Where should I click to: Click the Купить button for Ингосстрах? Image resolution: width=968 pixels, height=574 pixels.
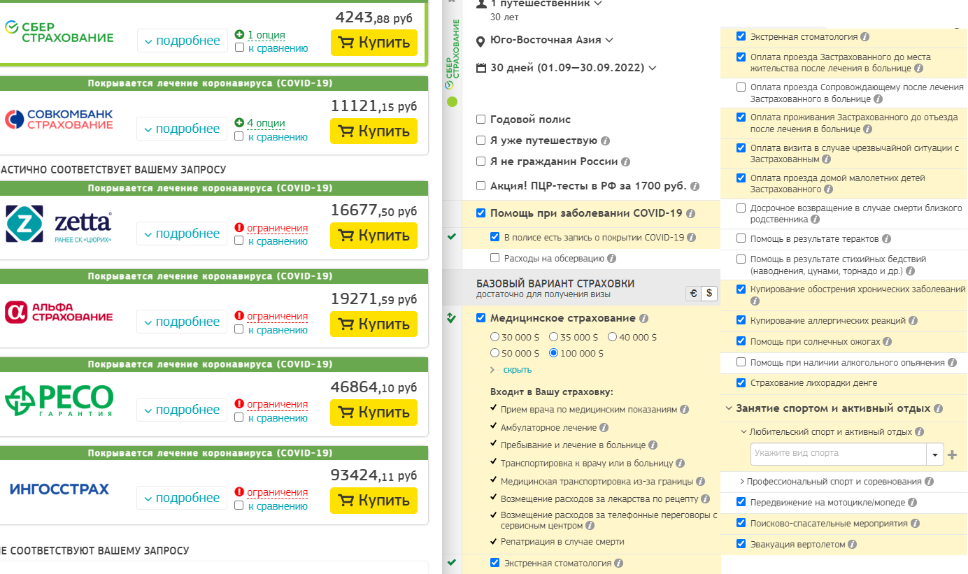(373, 501)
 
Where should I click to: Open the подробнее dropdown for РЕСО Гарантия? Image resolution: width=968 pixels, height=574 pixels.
(182, 410)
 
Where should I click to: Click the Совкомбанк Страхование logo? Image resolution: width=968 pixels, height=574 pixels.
(59, 120)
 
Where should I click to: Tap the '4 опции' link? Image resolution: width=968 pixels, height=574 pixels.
(265, 123)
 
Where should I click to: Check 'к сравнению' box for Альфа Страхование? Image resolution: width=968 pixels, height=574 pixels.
(240, 329)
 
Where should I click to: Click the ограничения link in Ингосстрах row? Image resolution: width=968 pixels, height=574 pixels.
(277, 492)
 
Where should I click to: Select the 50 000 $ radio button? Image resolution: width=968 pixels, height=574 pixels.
(495, 353)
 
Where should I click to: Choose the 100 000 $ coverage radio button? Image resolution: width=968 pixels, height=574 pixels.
(554, 353)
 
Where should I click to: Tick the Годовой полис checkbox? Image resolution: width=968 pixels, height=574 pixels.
(481, 120)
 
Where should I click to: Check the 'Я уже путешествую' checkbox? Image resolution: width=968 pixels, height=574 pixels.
(481, 141)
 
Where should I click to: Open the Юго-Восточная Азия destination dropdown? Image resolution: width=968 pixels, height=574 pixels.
(546, 40)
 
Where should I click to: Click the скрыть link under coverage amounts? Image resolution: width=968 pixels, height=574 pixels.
(517, 369)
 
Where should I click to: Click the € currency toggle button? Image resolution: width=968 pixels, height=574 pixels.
(693, 294)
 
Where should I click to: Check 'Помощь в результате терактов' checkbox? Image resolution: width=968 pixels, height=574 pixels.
(741, 238)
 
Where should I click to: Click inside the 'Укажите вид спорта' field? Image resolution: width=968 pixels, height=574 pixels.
(838, 454)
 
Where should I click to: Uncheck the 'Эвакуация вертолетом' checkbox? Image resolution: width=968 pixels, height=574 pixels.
(741, 544)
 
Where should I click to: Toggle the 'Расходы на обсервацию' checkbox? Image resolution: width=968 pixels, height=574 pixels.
(495, 258)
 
